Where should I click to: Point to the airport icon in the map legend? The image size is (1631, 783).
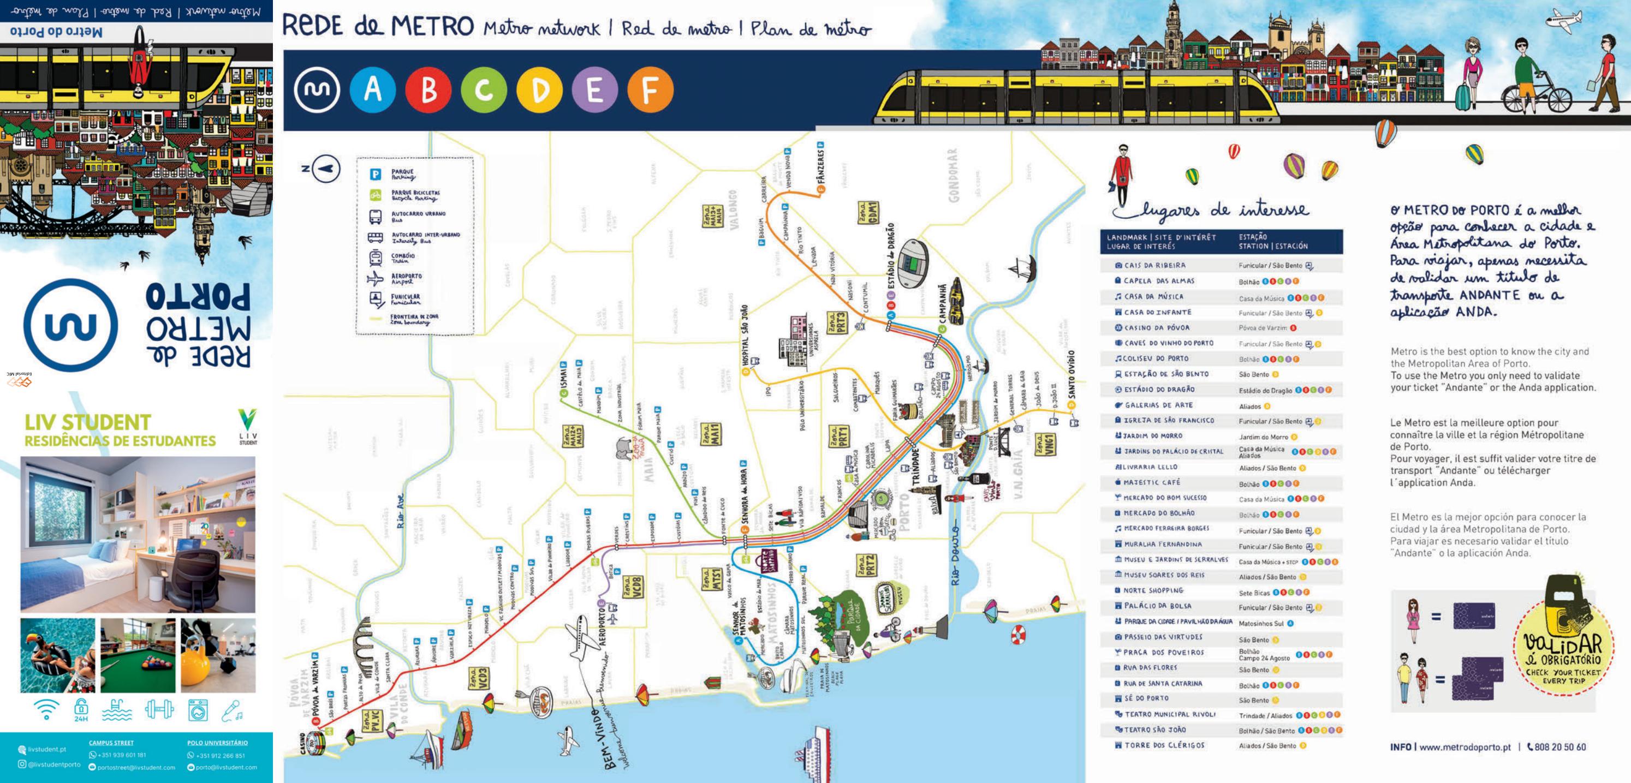(376, 278)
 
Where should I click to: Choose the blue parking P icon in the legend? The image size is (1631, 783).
(376, 174)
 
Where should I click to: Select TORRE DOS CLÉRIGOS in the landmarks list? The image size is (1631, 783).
(1164, 745)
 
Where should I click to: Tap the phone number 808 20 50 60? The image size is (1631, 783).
(1559, 747)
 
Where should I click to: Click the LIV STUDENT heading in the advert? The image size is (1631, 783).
(87, 422)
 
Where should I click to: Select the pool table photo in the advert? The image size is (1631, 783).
(138, 656)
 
